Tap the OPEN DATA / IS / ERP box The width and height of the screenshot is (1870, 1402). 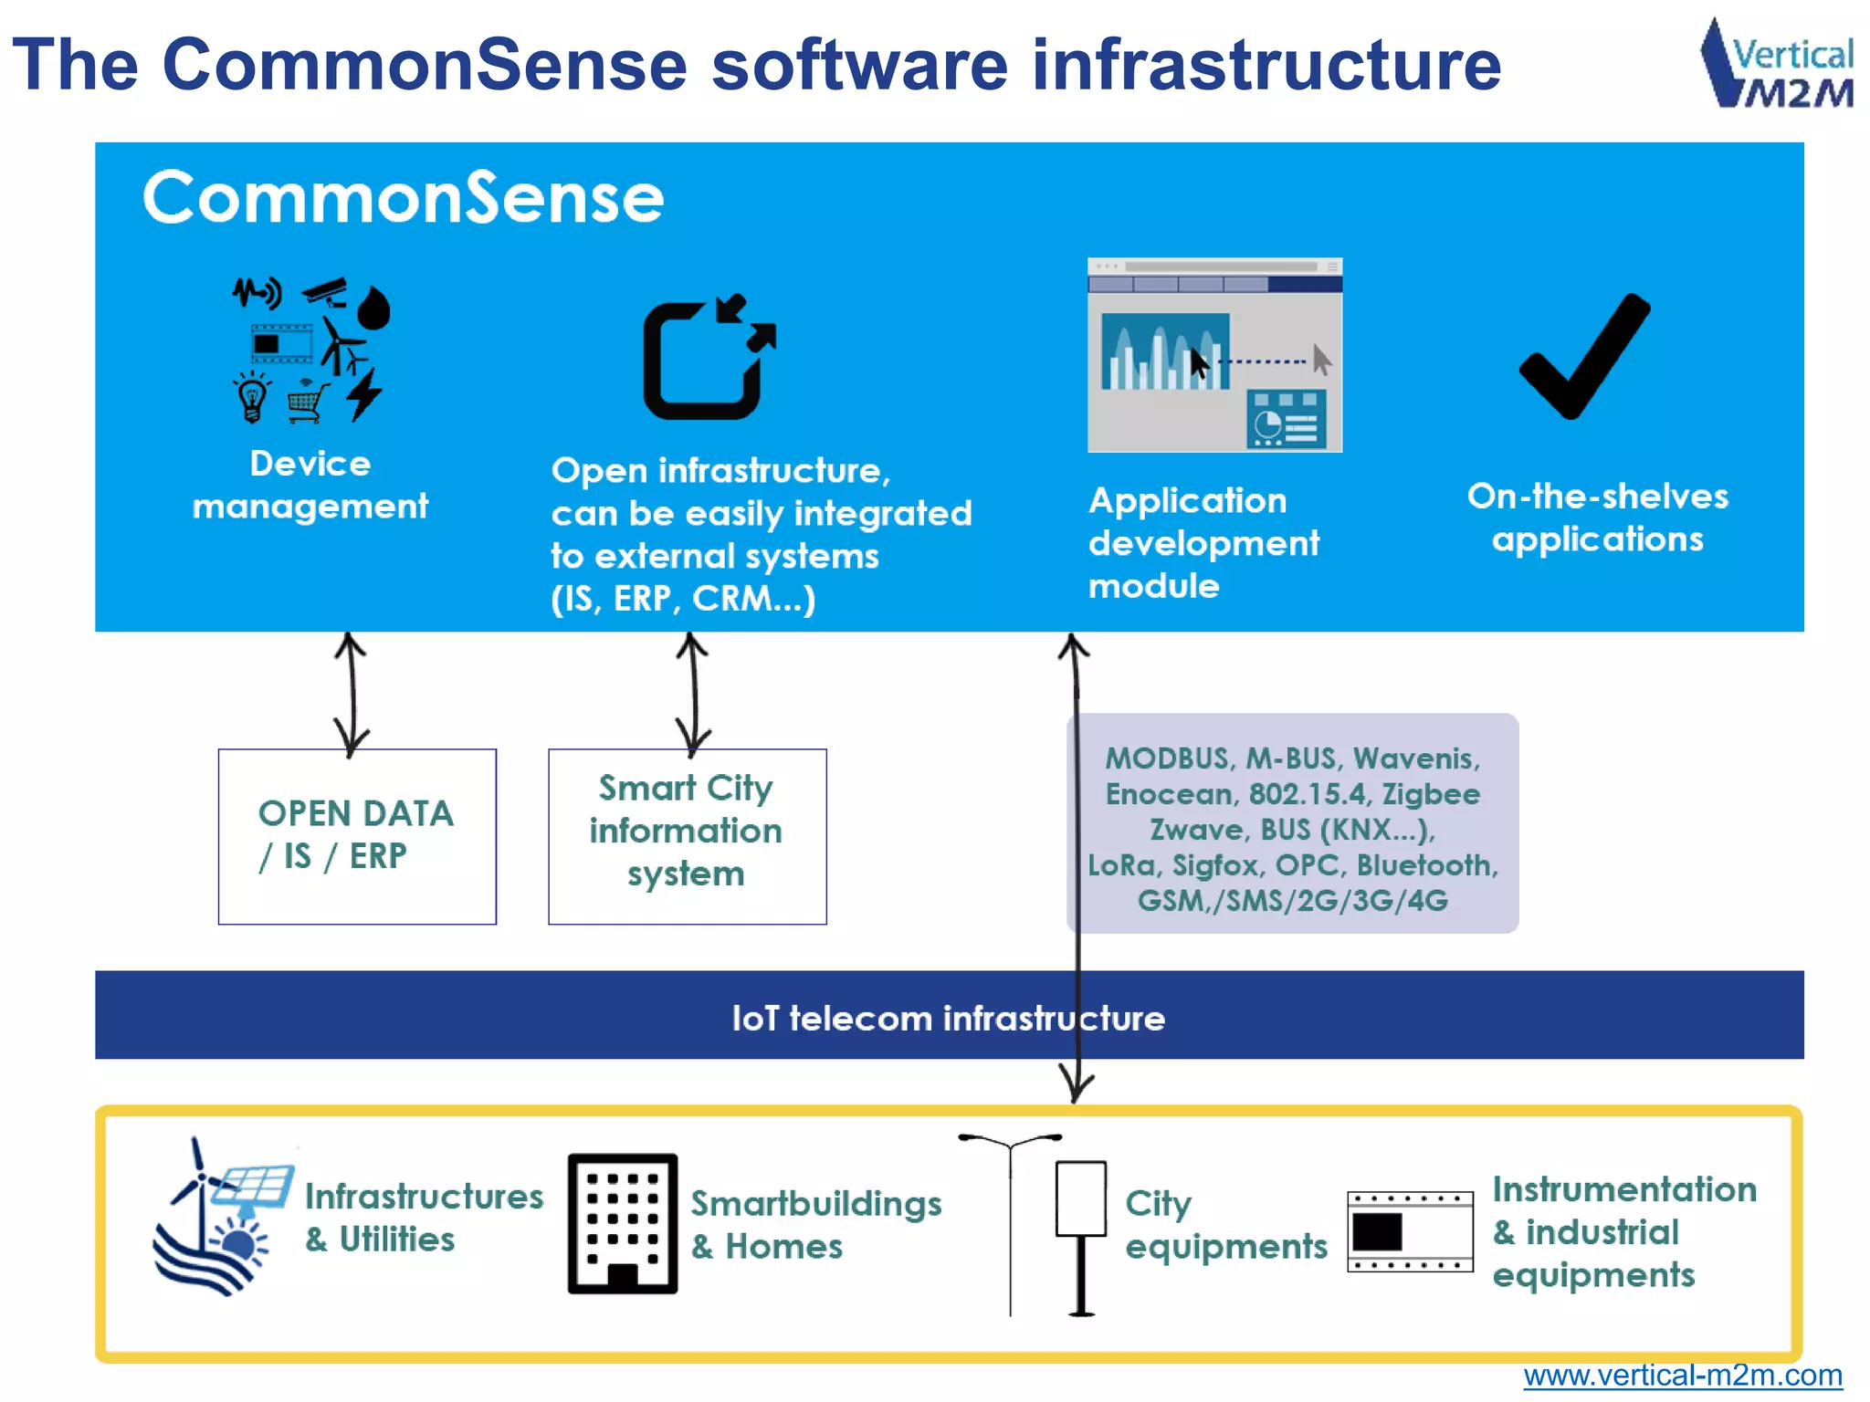[357, 836]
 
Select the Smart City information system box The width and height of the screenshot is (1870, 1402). [687, 836]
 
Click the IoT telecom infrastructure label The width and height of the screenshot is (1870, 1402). [948, 1018]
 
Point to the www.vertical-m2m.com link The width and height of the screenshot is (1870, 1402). [1682, 1375]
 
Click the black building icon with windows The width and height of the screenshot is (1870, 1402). [623, 1223]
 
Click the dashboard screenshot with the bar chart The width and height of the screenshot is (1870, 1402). [1214, 356]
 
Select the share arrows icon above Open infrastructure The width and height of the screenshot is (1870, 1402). [709, 358]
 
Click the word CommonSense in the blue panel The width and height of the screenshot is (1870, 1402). [403, 198]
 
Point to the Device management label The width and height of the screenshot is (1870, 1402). [310, 485]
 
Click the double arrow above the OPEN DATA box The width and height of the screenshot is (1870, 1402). [351, 694]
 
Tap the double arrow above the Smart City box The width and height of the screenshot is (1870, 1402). [693, 694]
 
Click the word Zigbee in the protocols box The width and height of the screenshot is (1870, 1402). [1430, 794]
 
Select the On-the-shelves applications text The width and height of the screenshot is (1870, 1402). [1597, 518]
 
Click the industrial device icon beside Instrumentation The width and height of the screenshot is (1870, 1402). [1410, 1231]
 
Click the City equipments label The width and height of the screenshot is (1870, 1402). [1224, 1224]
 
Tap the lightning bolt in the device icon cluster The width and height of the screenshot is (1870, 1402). [364, 394]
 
